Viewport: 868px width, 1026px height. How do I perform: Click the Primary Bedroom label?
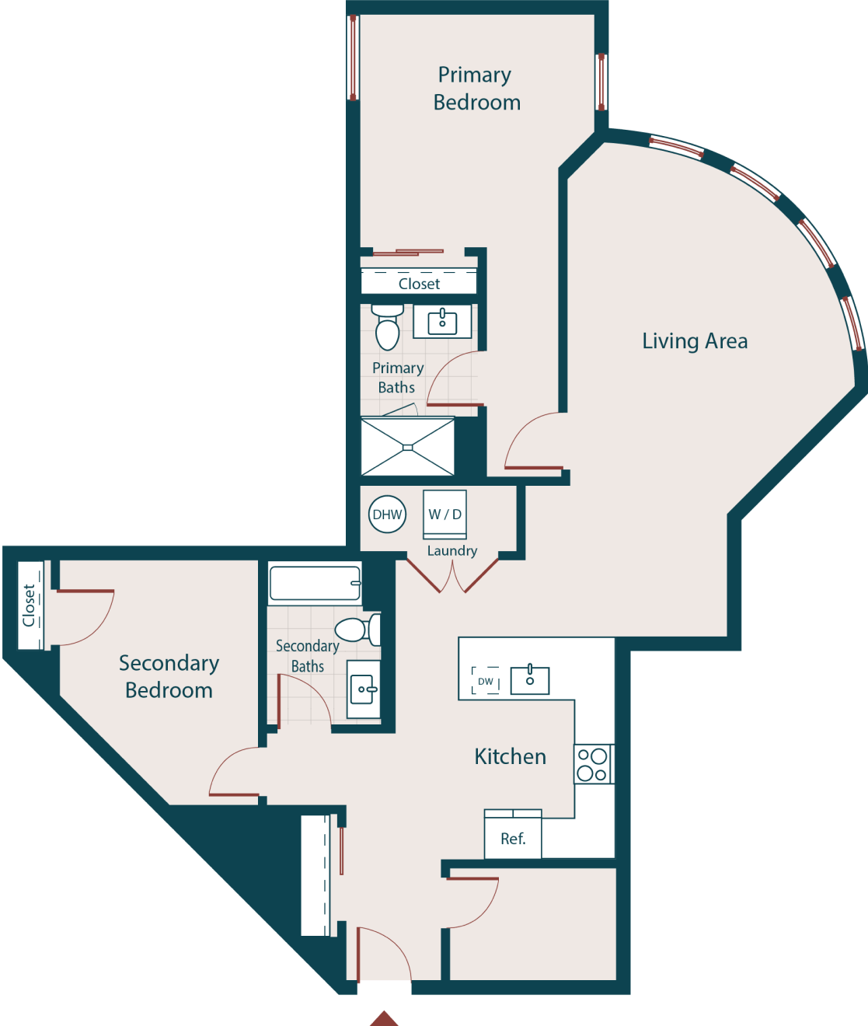[476, 89]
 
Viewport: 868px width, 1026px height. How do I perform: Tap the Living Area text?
[695, 341]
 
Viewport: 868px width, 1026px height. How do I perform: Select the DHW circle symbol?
[387, 515]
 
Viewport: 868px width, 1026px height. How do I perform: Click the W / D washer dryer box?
[444, 514]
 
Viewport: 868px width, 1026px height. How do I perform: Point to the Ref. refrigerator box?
[513, 838]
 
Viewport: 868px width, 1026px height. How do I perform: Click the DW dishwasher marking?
[486, 681]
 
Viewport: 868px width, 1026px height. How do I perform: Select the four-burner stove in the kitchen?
[593, 764]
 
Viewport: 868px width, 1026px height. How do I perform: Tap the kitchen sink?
[530, 680]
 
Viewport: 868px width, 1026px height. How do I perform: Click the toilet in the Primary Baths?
[387, 327]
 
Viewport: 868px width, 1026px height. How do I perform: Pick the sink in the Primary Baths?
[442, 321]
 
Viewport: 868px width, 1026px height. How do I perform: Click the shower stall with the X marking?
[408, 447]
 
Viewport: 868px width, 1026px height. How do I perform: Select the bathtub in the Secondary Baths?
[315, 584]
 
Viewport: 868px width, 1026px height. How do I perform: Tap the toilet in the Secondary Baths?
[358, 629]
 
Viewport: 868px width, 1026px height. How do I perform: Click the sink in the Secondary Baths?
[364, 689]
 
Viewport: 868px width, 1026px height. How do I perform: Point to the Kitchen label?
[510, 756]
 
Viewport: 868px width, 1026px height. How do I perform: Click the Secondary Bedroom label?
[169, 676]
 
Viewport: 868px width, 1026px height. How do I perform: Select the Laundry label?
[451, 550]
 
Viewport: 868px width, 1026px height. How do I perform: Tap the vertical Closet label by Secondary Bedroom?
[30, 605]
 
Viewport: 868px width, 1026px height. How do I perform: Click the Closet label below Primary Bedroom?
[419, 284]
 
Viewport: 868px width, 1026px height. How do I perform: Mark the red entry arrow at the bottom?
[383, 1018]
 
